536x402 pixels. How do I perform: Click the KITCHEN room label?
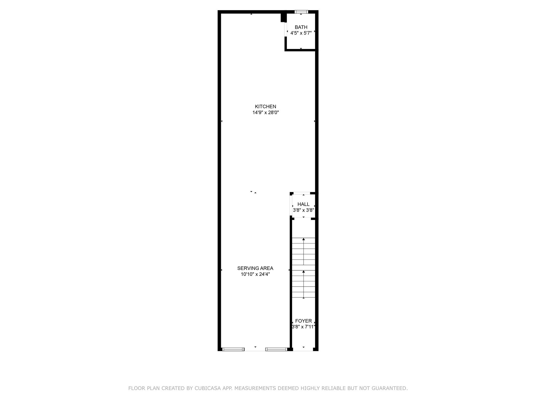(265, 107)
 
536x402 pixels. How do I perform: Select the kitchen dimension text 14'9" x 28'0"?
(265, 113)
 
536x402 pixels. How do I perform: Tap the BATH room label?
(301, 27)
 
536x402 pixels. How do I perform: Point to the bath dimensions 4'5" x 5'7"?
(301, 33)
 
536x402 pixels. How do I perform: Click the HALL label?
(303, 204)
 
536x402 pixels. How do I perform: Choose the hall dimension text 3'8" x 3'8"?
(303, 210)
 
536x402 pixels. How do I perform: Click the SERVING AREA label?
(255, 268)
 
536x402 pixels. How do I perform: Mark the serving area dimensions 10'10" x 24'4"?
(255, 274)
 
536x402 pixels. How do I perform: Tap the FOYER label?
(303, 321)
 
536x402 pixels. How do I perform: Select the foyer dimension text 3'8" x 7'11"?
(303, 327)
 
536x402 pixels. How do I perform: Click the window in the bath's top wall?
(301, 12)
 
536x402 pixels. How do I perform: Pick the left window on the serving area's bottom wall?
(233, 349)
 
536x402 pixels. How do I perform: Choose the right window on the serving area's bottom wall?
(276, 349)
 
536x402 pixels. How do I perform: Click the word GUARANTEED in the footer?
(391, 388)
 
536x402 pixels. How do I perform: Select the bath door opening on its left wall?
(286, 30)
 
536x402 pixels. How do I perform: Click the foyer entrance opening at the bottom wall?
(303, 349)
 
